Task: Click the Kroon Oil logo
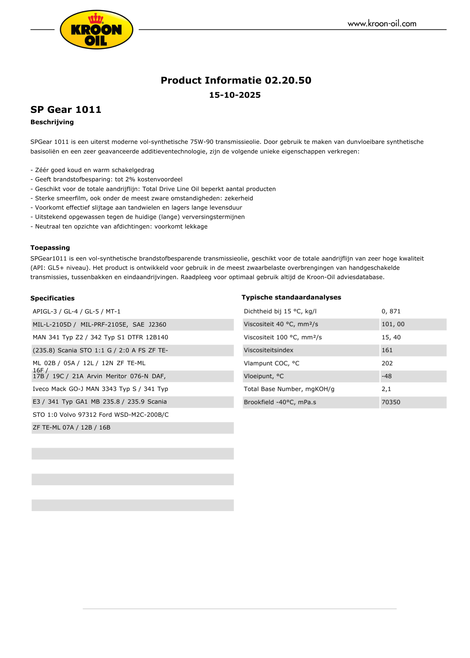pyautogui.click(x=96, y=30)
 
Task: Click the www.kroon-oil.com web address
pyautogui.click(x=382, y=24)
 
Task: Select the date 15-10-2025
pyautogui.click(x=235, y=95)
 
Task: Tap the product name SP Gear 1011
pyautogui.click(x=66, y=109)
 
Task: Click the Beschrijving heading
pyautogui.click(x=52, y=122)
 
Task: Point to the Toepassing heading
pyautogui.click(x=50, y=248)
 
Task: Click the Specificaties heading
pyautogui.click(x=52, y=298)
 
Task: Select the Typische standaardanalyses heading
pyautogui.click(x=291, y=297)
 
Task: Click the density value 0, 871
pyautogui.click(x=391, y=311)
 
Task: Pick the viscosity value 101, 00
pyautogui.click(x=393, y=324)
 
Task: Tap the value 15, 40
pyautogui.click(x=391, y=337)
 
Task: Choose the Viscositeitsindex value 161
pyautogui.click(x=387, y=350)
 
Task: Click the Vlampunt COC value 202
pyautogui.click(x=387, y=363)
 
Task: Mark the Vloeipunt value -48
pyautogui.click(x=387, y=376)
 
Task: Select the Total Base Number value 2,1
pyautogui.click(x=386, y=389)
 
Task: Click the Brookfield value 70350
pyautogui.click(x=391, y=402)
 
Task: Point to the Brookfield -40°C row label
pyautogui.click(x=280, y=402)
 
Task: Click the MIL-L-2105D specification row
pyautogui.click(x=100, y=325)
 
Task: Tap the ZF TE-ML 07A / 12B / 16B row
pyautogui.click(x=72, y=428)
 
